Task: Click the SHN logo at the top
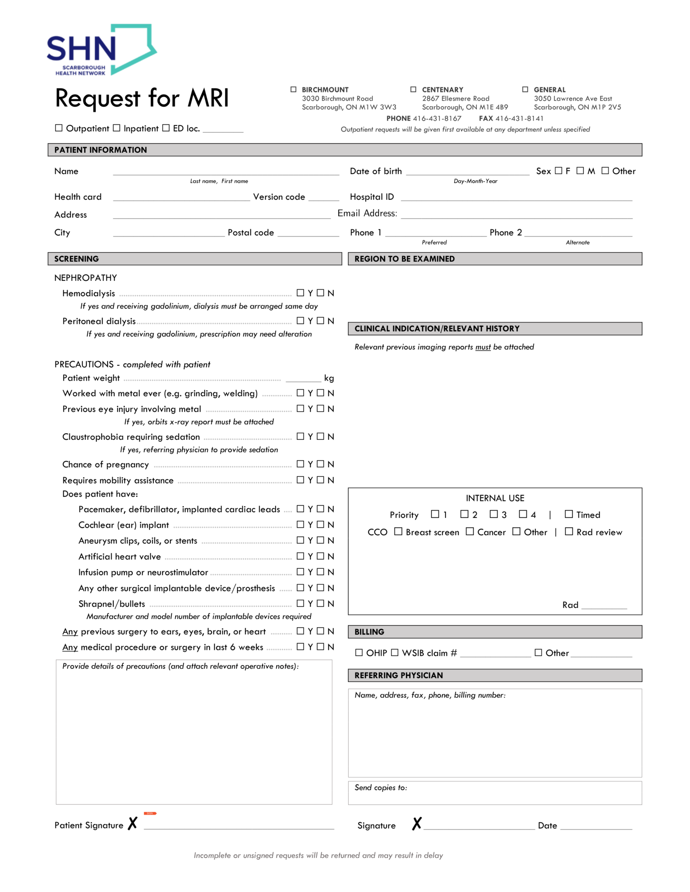pos(101,50)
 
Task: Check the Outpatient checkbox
pos(59,128)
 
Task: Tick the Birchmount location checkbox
pos(293,89)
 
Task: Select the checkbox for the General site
pos(525,89)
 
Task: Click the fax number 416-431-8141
pos(519,118)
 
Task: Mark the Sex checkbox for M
pos(580,171)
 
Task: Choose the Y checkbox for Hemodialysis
pos(300,293)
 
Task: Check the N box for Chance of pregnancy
pos(321,464)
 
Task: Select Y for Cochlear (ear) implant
pos(300,524)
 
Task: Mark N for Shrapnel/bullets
pos(321,603)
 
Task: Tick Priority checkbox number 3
pos(493,514)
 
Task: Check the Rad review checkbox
pos(569,531)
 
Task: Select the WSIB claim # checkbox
pos(394,652)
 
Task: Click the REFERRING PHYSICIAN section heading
pos(398,675)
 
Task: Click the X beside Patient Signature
pos(133,823)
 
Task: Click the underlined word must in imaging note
pos(483,347)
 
